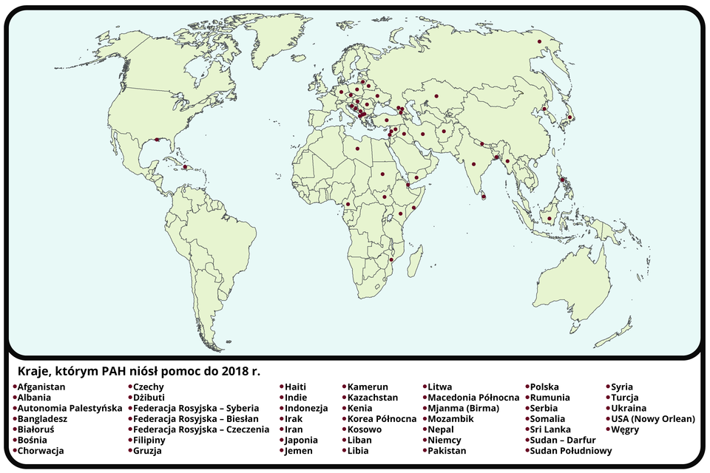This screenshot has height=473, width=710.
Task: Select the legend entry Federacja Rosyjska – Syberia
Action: (x=195, y=408)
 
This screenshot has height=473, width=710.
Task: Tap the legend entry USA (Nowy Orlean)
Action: (x=652, y=418)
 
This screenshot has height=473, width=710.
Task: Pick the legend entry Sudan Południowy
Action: (x=570, y=450)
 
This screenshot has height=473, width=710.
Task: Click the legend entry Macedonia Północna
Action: (x=473, y=398)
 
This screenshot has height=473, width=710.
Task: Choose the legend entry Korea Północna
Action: (x=382, y=418)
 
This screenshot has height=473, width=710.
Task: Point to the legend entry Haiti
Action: (x=295, y=387)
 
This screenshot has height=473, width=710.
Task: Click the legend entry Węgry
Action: (x=625, y=429)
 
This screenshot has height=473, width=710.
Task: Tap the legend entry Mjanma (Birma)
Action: (x=463, y=408)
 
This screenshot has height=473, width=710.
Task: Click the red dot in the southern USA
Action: (x=157, y=139)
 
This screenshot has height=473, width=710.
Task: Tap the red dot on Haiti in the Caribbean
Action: (x=185, y=167)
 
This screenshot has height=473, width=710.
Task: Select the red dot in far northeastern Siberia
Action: (x=539, y=41)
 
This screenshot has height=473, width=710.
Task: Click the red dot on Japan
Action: (x=571, y=117)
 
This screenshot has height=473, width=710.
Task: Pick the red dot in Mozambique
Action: (x=390, y=260)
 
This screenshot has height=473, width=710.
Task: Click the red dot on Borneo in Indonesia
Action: (x=549, y=218)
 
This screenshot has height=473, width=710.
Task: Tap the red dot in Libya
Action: (x=357, y=149)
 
